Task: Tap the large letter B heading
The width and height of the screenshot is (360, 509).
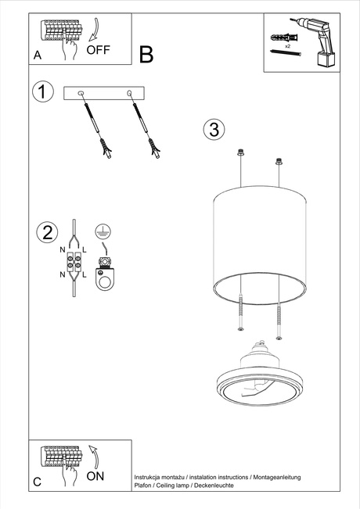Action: click(146, 54)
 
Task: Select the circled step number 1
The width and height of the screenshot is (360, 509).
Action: click(43, 91)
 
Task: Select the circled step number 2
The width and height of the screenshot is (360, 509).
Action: click(48, 232)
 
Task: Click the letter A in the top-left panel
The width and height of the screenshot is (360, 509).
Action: click(37, 56)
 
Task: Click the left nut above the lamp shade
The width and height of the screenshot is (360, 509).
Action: click(241, 152)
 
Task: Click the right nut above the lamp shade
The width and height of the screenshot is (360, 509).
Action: click(278, 162)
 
